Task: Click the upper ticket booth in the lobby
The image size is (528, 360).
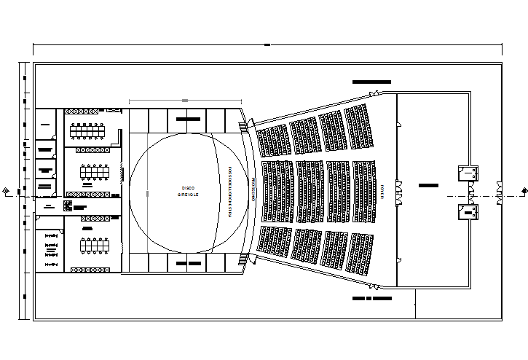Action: [467, 173]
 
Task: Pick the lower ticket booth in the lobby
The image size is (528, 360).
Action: [467, 212]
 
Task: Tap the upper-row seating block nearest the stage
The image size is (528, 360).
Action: [274, 139]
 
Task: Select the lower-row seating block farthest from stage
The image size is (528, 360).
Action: [360, 253]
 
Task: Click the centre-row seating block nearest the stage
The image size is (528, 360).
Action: [277, 191]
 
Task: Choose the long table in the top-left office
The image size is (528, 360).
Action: [87, 132]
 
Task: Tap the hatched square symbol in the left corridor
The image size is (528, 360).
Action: [68, 206]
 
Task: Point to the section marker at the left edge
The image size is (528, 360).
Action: [7, 191]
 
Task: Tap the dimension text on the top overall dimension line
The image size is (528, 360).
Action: [267, 45]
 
